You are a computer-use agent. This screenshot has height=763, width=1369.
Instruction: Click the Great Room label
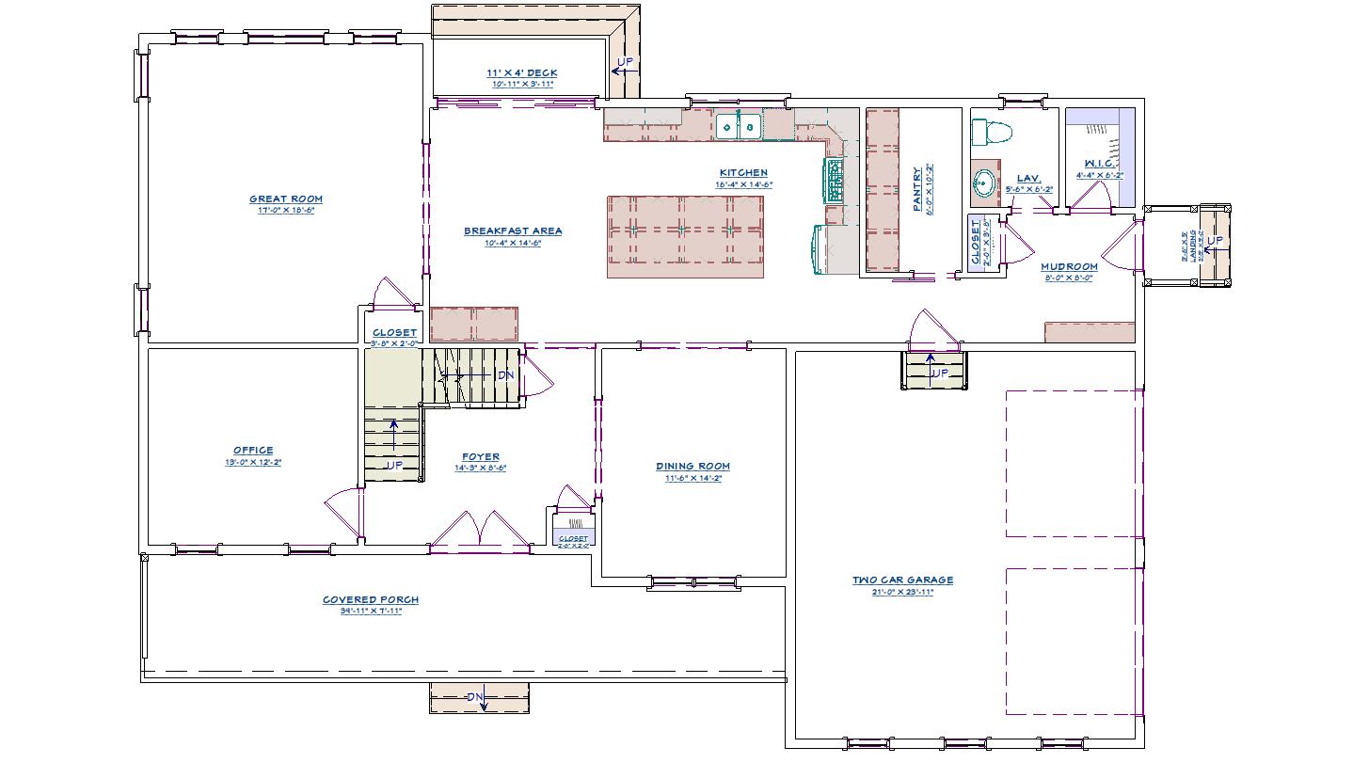click(285, 199)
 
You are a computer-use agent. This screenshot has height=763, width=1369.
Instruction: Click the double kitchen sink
click(739, 125)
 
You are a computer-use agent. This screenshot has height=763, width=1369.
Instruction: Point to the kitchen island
click(685, 236)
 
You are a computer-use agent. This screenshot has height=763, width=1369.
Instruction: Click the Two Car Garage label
click(902, 580)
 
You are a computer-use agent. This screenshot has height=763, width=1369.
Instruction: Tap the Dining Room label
click(692, 466)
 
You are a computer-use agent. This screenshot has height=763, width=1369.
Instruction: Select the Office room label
click(253, 451)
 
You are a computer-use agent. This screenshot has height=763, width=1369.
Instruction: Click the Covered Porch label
click(371, 599)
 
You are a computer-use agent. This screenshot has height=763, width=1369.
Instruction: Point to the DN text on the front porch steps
click(476, 697)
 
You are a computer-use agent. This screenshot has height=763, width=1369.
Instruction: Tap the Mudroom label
click(1069, 266)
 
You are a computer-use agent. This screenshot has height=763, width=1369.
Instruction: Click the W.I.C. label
click(1099, 164)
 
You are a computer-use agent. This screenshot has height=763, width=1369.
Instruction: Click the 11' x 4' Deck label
click(521, 72)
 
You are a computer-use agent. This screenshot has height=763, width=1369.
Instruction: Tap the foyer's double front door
click(480, 529)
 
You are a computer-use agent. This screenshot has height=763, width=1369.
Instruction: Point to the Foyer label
click(480, 457)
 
